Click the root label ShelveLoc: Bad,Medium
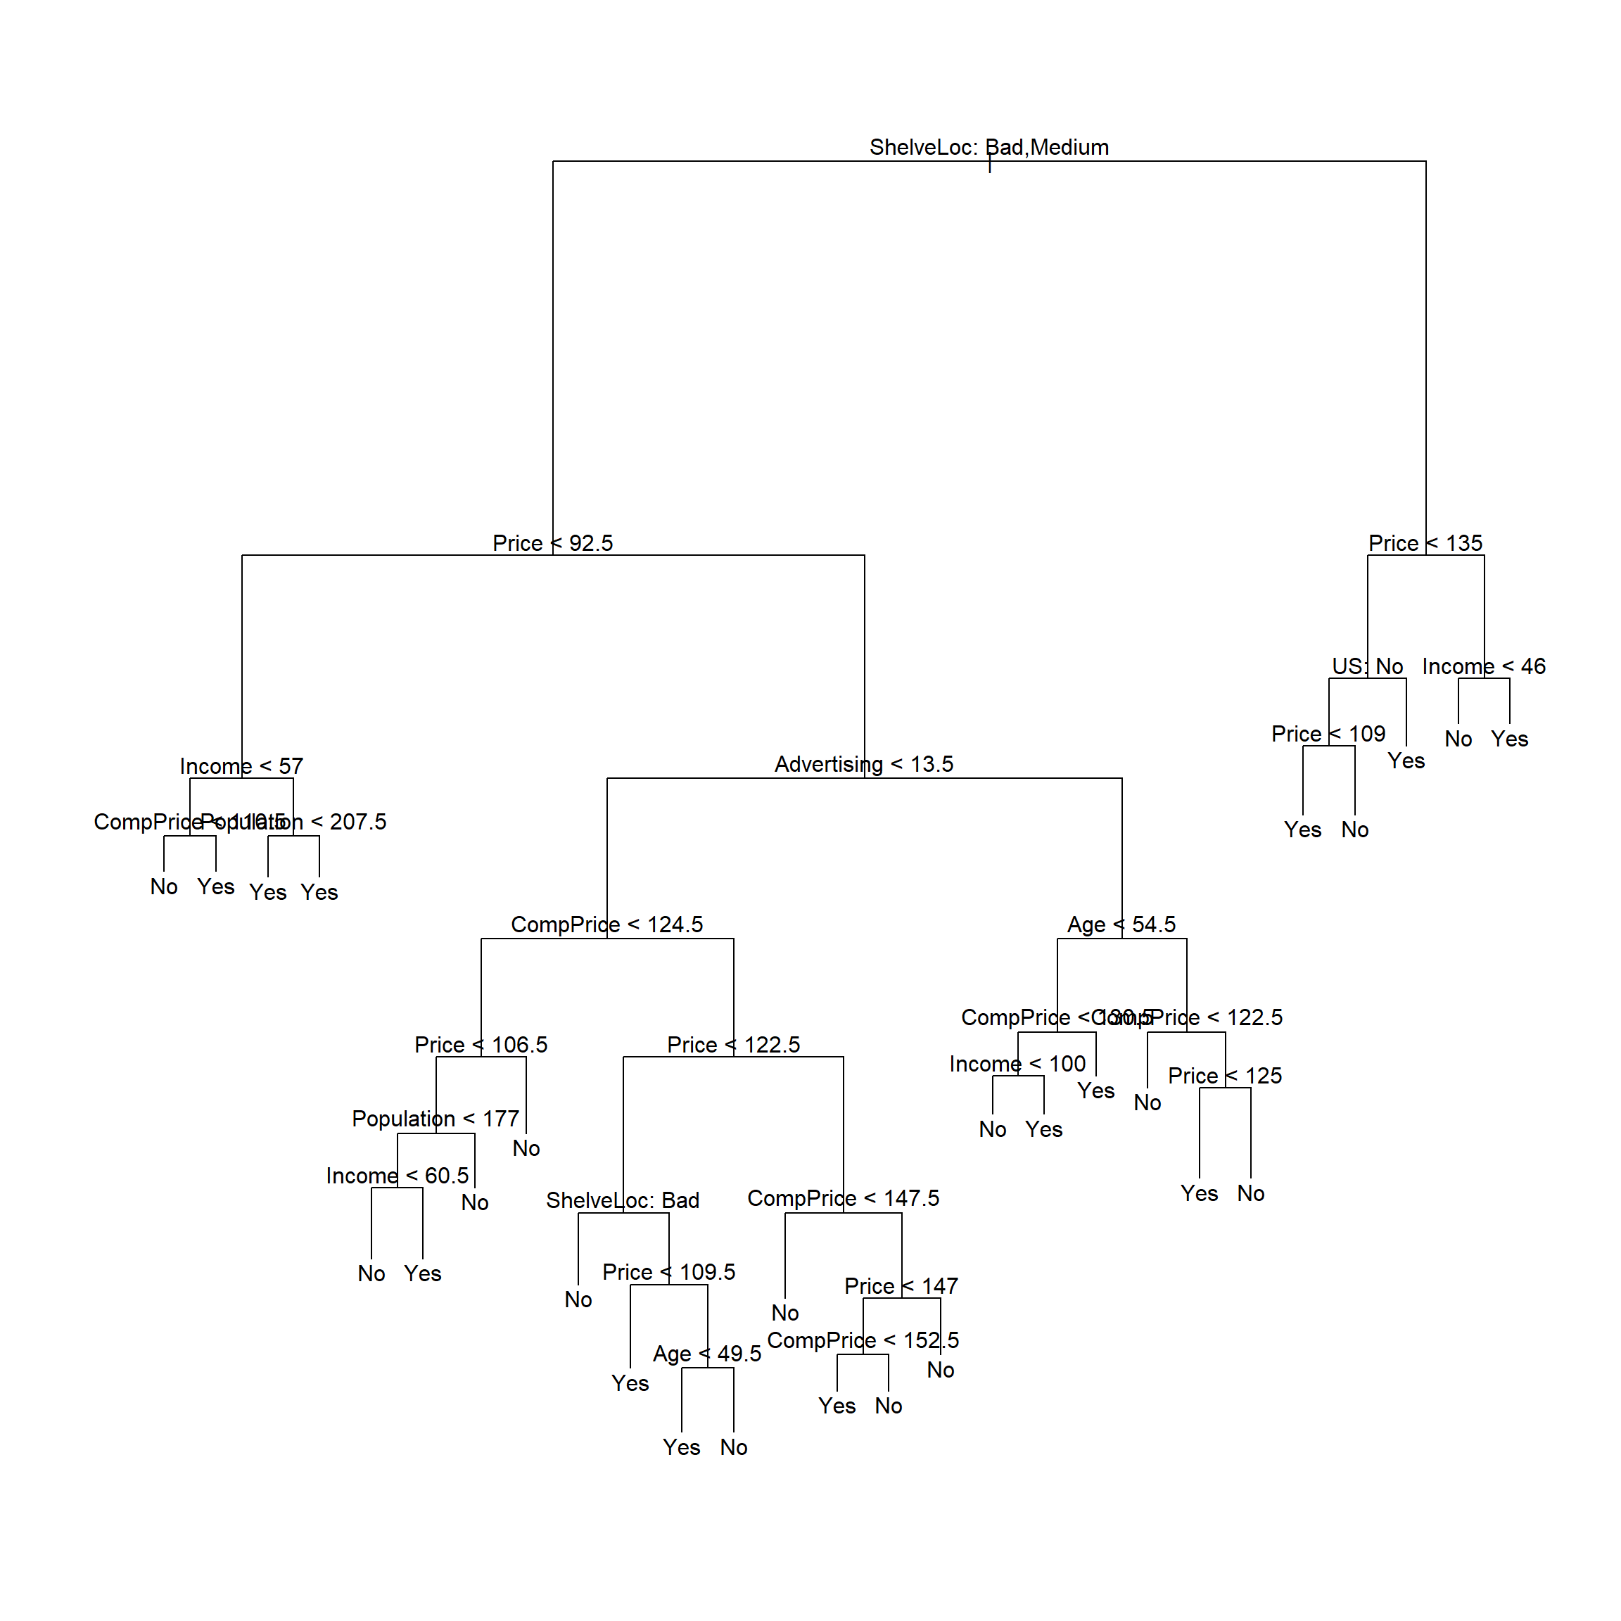pos(989,148)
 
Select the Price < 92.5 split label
pos(552,544)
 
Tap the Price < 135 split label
pos(1425,544)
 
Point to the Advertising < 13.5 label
pos(863,764)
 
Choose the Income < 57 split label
pos(241,766)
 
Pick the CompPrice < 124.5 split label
pos(606,924)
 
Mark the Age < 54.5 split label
pos(1121,924)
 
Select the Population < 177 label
pos(436,1119)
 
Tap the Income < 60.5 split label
pos(397,1176)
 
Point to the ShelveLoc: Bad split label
pos(623,1201)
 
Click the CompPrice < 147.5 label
pos(844,1198)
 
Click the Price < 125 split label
pos(1224,1076)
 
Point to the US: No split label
pos(1367,666)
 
